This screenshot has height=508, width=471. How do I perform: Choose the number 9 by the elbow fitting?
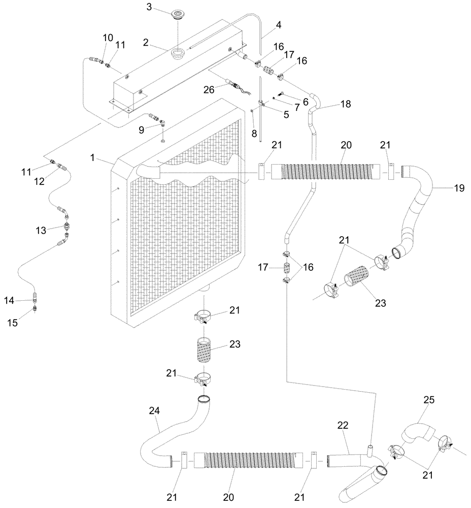coord(142,130)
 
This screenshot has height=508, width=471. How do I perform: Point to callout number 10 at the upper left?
coord(108,38)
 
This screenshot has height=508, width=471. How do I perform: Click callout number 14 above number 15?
coord(23,301)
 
